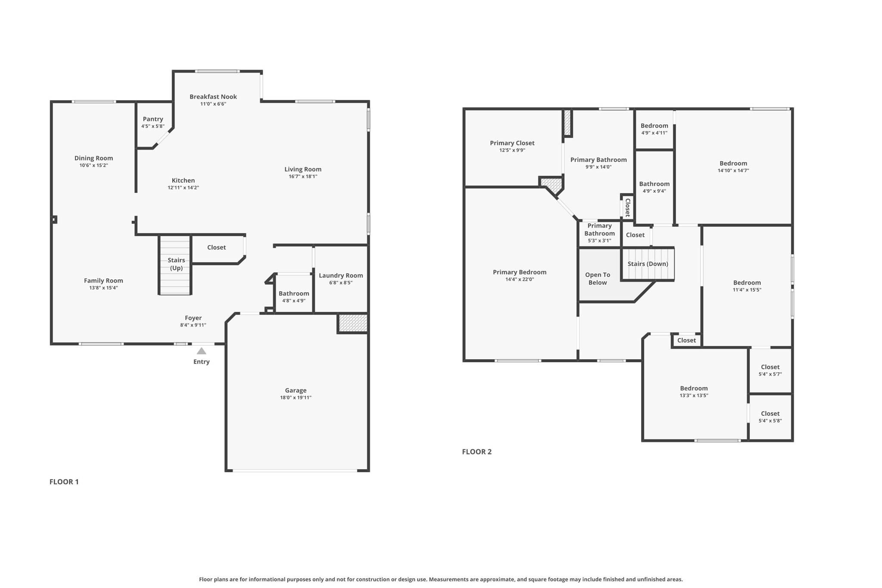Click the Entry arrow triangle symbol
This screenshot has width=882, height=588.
click(x=201, y=351)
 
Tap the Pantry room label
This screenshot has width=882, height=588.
click(x=153, y=119)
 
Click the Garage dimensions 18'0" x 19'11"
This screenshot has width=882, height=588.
click(x=295, y=398)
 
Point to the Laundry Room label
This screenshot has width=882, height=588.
click(x=341, y=275)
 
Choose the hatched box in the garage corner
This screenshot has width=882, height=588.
click(x=353, y=323)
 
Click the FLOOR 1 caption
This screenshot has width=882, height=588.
click(x=64, y=482)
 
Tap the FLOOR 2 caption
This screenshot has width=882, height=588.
click(x=476, y=451)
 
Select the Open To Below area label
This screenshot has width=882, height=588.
click(x=597, y=278)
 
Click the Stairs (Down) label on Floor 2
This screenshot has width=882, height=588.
click(x=648, y=264)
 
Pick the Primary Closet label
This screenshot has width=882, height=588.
click(x=512, y=143)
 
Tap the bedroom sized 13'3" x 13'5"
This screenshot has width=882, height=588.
click(x=694, y=391)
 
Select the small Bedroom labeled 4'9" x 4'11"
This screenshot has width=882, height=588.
click(x=654, y=129)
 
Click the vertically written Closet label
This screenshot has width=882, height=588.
click(x=627, y=207)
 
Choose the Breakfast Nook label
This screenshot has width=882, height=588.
click(x=213, y=96)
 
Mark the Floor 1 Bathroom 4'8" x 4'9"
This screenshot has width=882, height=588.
click(x=294, y=297)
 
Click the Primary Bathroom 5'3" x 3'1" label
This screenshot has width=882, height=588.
click(x=599, y=233)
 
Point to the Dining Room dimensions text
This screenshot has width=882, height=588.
click(x=93, y=165)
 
